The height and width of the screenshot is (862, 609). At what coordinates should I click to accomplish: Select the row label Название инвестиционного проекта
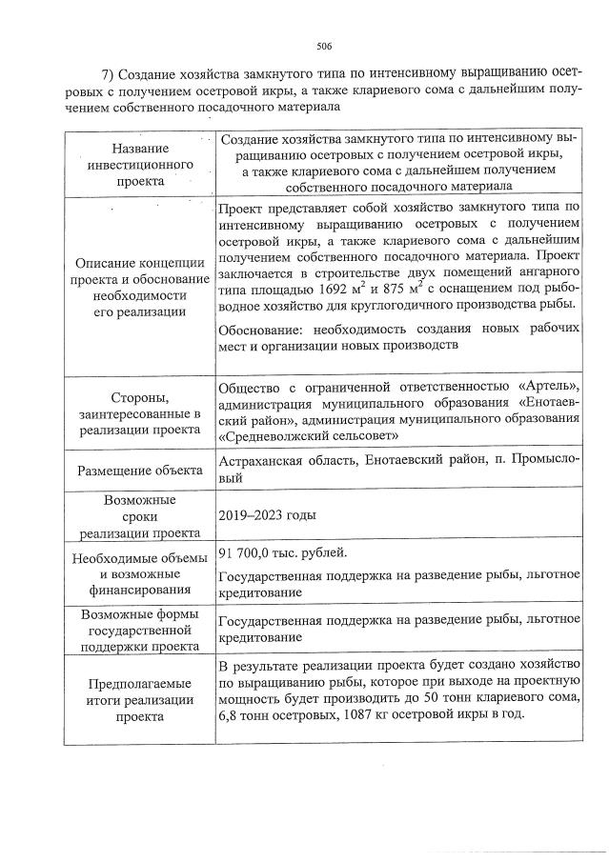140,164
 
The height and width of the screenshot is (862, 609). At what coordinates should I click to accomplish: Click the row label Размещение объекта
140,470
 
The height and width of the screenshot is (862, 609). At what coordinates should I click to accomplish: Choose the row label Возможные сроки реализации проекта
140,515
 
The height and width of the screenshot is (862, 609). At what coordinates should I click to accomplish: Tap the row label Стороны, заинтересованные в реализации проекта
140,411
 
